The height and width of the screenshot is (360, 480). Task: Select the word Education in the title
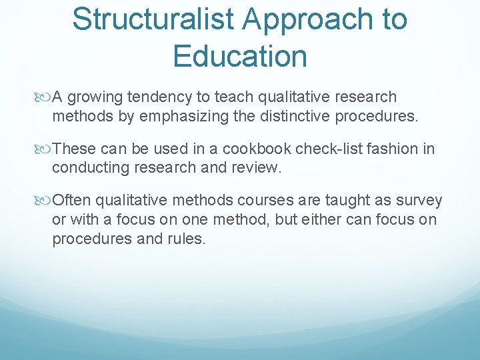tap(240, 56)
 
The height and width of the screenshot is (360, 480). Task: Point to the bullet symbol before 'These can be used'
tap(45, 149)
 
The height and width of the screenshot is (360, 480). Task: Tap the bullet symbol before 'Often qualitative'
tap(45, 201)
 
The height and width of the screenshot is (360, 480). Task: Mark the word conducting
tap(86, 167)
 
